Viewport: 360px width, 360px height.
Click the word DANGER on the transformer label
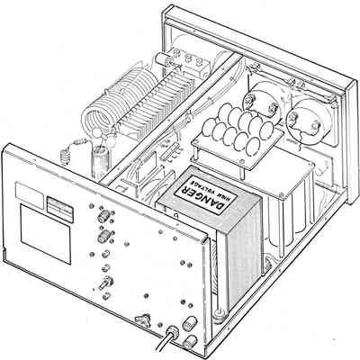click(202, 195)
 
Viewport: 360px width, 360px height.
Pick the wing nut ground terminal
click(143, 319)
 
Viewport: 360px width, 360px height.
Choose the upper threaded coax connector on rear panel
click(103, 215)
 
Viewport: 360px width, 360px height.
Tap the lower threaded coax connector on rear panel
click(103, 236)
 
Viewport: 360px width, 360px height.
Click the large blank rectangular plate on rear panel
click(46, 234)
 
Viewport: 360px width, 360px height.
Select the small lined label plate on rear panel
click(59, 210)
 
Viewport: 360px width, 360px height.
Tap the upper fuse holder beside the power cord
click(189, 323)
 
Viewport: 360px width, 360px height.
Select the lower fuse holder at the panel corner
click(190, 342)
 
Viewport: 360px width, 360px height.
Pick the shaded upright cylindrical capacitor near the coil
click(100, 163)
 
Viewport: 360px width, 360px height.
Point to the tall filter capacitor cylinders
click(290, 216)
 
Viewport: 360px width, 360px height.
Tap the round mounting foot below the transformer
click(220, 314)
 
